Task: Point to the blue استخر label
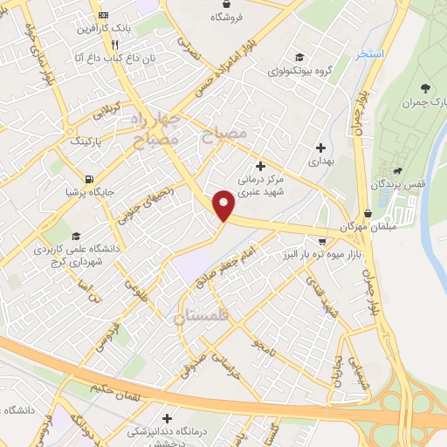pos(369,54)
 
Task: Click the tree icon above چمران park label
pos(425,87)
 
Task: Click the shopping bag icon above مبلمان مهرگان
pos(367,212)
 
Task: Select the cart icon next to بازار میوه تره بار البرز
pos(321,242)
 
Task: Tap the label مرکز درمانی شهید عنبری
pos(258,186)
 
